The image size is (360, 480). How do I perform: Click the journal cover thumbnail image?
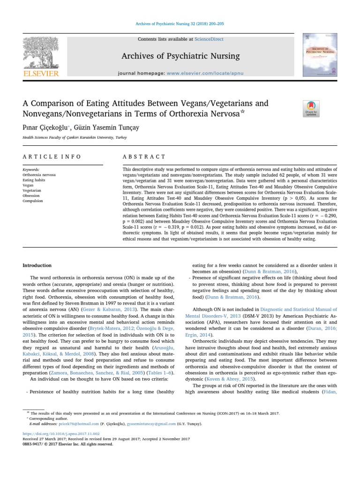click(x=320, y=55)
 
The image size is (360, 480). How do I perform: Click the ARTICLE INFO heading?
click(x=52, y=157)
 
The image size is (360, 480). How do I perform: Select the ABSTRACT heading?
click(x=144, y=157)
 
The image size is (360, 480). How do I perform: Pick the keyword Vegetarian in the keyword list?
click(x=32, y=190)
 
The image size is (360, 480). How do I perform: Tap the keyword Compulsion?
click(x=33, y=201)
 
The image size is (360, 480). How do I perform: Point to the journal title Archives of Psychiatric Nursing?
click(x=180, y=56)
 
